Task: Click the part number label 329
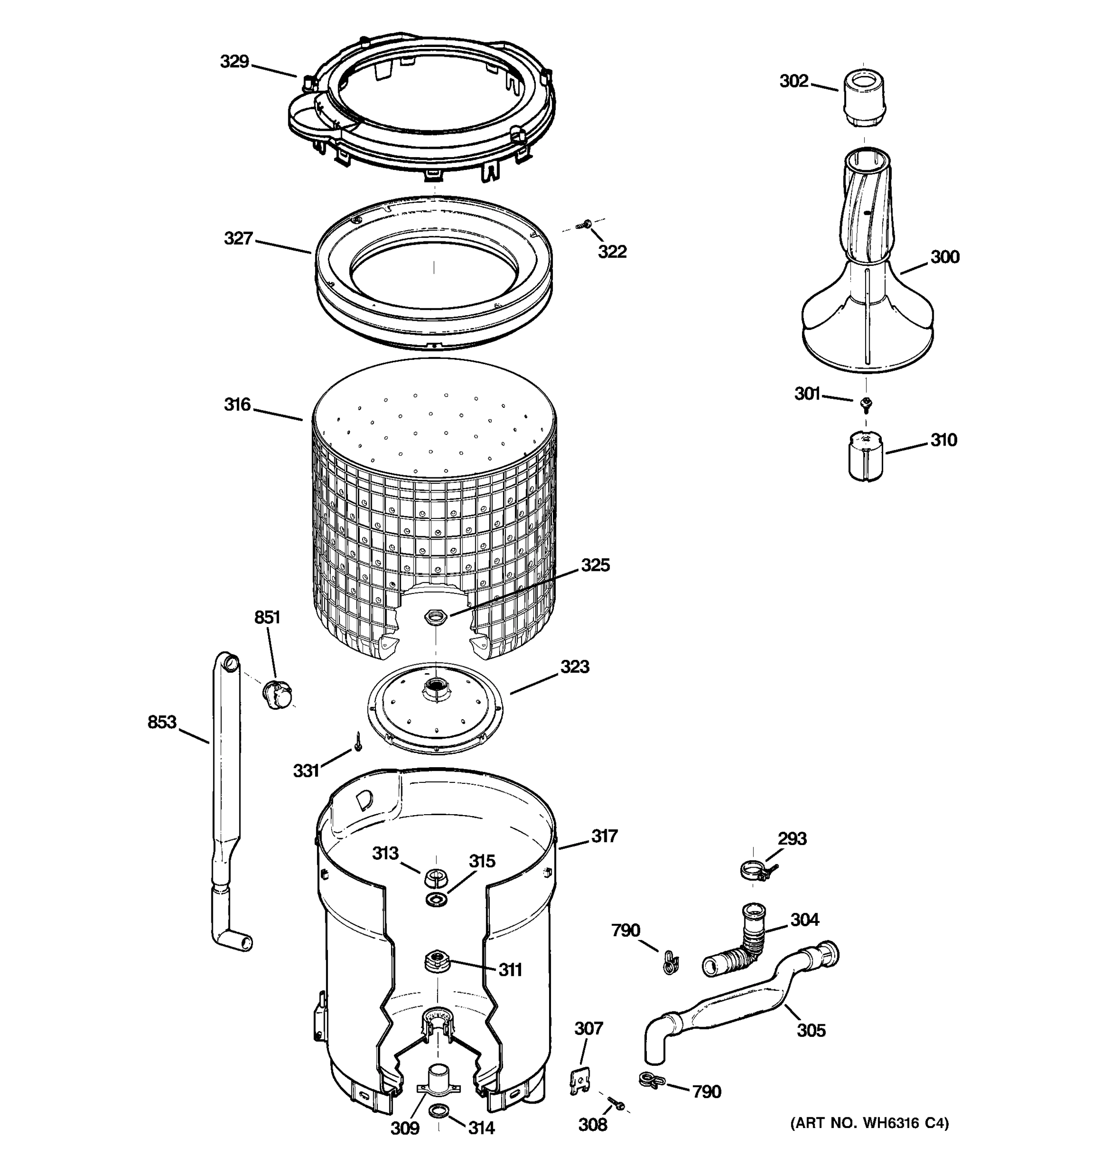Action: (234, 62)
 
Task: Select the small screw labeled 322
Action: (587, 224)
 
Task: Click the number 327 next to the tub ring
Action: (238, 238)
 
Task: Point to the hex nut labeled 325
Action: (436, 616)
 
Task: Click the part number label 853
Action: (162, 722)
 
